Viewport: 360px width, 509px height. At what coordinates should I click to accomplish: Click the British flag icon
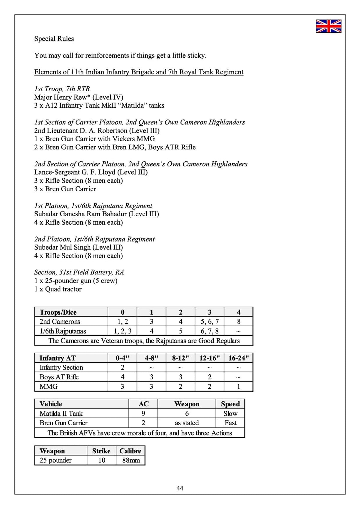pyautogui.click(x=328, y=26)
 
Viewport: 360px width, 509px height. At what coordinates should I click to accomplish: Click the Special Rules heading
pyautogui.click(x=54, y=39)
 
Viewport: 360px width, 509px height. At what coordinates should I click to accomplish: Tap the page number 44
pyautogui.click(x=180, y=488)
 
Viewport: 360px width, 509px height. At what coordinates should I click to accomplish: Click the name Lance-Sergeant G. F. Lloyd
pyautogui.click(x=75, y=172)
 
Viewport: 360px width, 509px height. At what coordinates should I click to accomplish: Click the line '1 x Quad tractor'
pyautogui.click(x=58, y=289)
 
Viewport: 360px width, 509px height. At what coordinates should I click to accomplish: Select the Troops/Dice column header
pyautogui.click(x=58, y=312)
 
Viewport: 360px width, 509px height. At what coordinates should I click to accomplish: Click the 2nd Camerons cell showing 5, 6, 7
pyautogui.click(x=209, y=322)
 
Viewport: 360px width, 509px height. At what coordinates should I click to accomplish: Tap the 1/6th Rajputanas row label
pyautogui.click(x=63, y=331)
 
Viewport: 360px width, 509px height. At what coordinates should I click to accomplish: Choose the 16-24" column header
pyautogui.click(x=238, y=358)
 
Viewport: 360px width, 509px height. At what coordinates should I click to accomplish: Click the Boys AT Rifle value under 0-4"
pyautogui.click(x=122, y=377)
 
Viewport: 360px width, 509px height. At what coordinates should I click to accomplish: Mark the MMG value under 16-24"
pyautogui.click(x=238, y=387)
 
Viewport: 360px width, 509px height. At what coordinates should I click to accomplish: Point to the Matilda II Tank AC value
pyautogui.click(x=143, y=414)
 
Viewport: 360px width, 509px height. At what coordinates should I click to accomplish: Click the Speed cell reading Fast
pyautogui.click(x=230, y=423)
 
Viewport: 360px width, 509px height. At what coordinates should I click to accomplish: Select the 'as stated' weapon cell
pyautogui.click(x=187, y=423)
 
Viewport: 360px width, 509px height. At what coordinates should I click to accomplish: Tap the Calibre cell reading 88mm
pyautogui.click(x=131, y=460)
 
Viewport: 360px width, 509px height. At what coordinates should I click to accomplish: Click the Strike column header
pyautogui.click(x=101, y=451)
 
